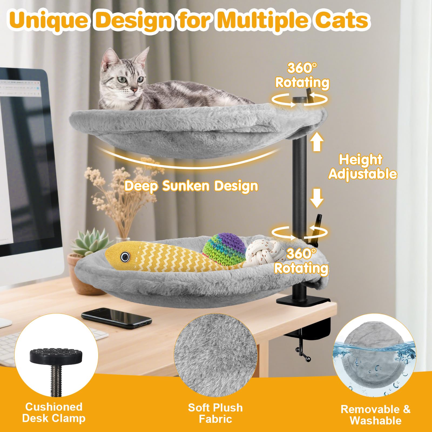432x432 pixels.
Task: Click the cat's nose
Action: [133, 89]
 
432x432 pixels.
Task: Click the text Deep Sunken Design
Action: [191, 186]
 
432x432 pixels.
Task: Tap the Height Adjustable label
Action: [362, 167]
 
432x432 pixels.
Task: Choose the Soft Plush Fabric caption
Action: [215, 413]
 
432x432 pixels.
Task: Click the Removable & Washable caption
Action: [376, 415]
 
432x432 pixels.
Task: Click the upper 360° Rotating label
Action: [302, 75]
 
